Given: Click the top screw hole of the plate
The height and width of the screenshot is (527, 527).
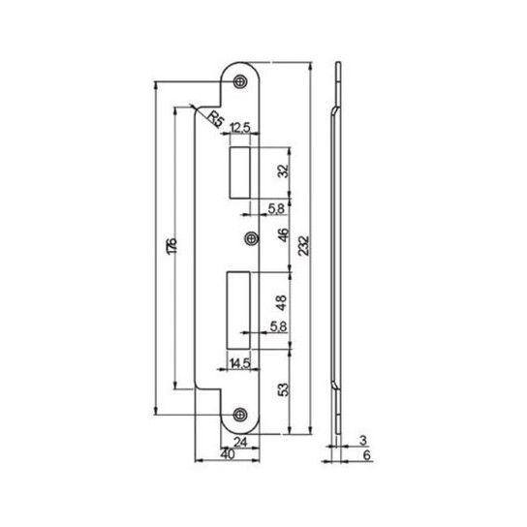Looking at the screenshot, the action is tap(240, 81).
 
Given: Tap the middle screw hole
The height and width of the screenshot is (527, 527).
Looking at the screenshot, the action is tap(251, 238).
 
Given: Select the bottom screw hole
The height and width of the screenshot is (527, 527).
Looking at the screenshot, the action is tap(240, 415).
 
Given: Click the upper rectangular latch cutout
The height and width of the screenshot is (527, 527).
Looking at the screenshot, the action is tap(239, 172).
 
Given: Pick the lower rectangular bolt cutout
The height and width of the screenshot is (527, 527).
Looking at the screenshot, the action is tap(238, 310).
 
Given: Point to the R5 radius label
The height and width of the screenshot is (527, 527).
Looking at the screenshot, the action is tap(215, 118).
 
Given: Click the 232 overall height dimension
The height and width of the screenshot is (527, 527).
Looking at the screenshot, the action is tap(304, 246).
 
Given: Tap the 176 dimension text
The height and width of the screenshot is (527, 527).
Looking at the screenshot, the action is tap(172, 246).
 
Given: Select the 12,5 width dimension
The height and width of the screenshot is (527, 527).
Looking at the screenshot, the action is tap(240, 128).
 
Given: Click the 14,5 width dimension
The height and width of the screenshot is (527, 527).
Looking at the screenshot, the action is tap(239, 363).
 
